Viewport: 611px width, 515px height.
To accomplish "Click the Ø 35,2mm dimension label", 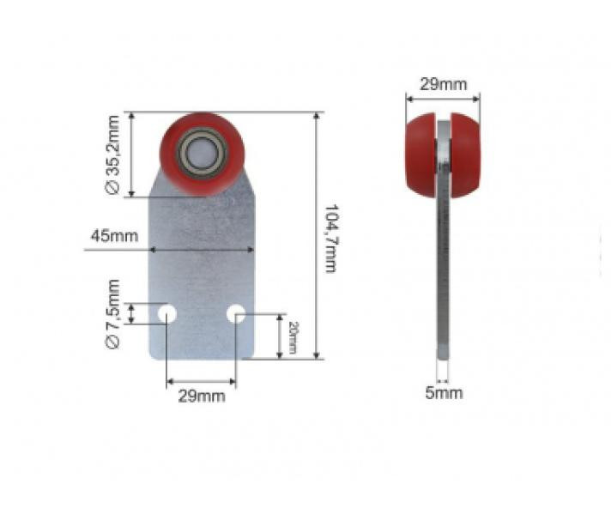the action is coord(112,154).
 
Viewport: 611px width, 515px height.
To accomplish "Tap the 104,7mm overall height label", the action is coord(330,239).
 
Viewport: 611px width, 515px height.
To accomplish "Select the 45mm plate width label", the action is coord(114,236).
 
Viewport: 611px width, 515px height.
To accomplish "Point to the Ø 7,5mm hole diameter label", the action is coord(112,314).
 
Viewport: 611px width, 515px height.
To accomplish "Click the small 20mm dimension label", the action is coord(293,337).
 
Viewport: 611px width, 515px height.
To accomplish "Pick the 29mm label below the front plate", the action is coord(202,396).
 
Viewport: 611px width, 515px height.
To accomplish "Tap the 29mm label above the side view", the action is coord(443,84).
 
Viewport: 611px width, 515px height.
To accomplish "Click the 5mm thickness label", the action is coord(444,392).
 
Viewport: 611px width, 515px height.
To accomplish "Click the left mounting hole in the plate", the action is coord(167,314).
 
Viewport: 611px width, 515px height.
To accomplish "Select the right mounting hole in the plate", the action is coord(236,314).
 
